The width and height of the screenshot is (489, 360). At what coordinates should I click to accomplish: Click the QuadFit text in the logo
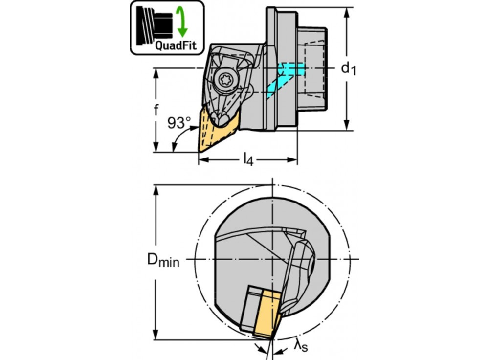pyautogui.click(x=176, y=45)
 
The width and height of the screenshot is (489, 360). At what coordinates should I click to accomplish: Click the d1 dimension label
pyautogui.click(x=348, y=68)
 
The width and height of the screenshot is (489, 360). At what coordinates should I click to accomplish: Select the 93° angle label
pyautogui.click(x=179, y=123)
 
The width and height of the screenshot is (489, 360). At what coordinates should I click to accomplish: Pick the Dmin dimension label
pyautogui.click(x=163, y=260)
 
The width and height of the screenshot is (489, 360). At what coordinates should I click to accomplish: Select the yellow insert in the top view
pyautogui.click(x=215, y=131)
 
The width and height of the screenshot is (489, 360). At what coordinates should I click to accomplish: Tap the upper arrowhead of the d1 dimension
pyautogui.click(x=347, y=13)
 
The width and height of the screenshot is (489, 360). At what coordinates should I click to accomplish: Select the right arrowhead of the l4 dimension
pyautogui.click(x=292, y=160)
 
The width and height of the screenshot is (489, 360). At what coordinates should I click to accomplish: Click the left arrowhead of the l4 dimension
pyautogui.click(x=204, y=160)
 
